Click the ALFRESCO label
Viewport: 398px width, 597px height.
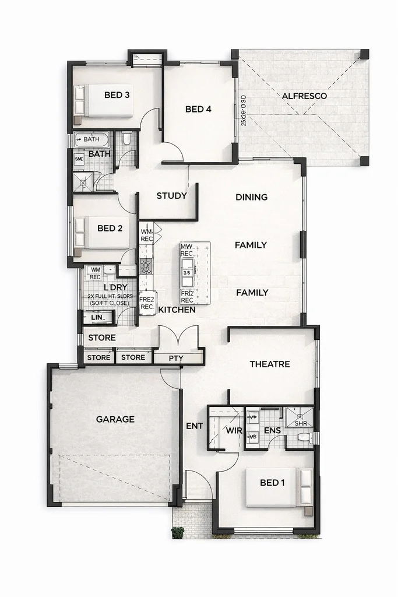coord(304,96)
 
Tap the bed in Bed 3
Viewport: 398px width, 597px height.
coord(104,101)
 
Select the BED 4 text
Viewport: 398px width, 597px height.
coord(198,109)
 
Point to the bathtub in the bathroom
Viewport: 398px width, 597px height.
coord(92,139)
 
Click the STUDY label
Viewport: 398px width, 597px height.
coord(171,196)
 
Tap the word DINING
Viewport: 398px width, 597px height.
coord(251,197)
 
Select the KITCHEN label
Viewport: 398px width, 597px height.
coord(177,310)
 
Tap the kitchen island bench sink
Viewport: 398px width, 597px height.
coord(188,264)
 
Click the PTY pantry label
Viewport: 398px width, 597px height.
coord(176,357)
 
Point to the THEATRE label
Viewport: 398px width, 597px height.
coord(270,364)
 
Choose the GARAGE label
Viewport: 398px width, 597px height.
coord(115,419)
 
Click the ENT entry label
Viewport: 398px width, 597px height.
coord(195,426)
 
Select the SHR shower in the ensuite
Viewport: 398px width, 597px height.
coord(299,418)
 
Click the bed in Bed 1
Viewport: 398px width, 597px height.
coord(278,487)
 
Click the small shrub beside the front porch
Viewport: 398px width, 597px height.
coord(178,532)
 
